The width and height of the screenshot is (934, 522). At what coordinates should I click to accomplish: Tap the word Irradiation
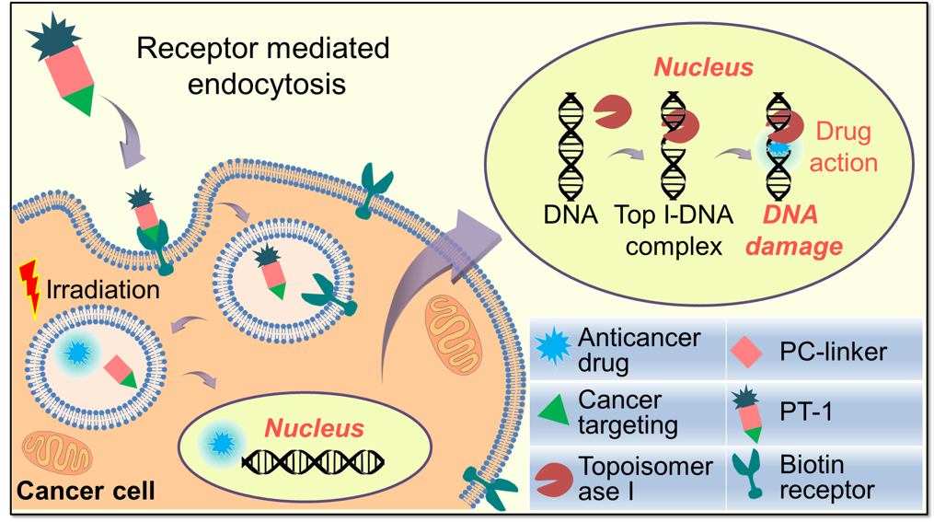[x=101, y=289]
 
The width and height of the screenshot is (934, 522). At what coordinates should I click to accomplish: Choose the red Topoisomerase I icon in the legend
[x=554, y=477]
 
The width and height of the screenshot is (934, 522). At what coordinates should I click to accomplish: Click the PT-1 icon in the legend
[x=747, y=412]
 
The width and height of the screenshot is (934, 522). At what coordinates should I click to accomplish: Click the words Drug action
[x=843, y=147]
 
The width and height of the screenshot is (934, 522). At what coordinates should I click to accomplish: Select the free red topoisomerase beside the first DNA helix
[x=612, y=111]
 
